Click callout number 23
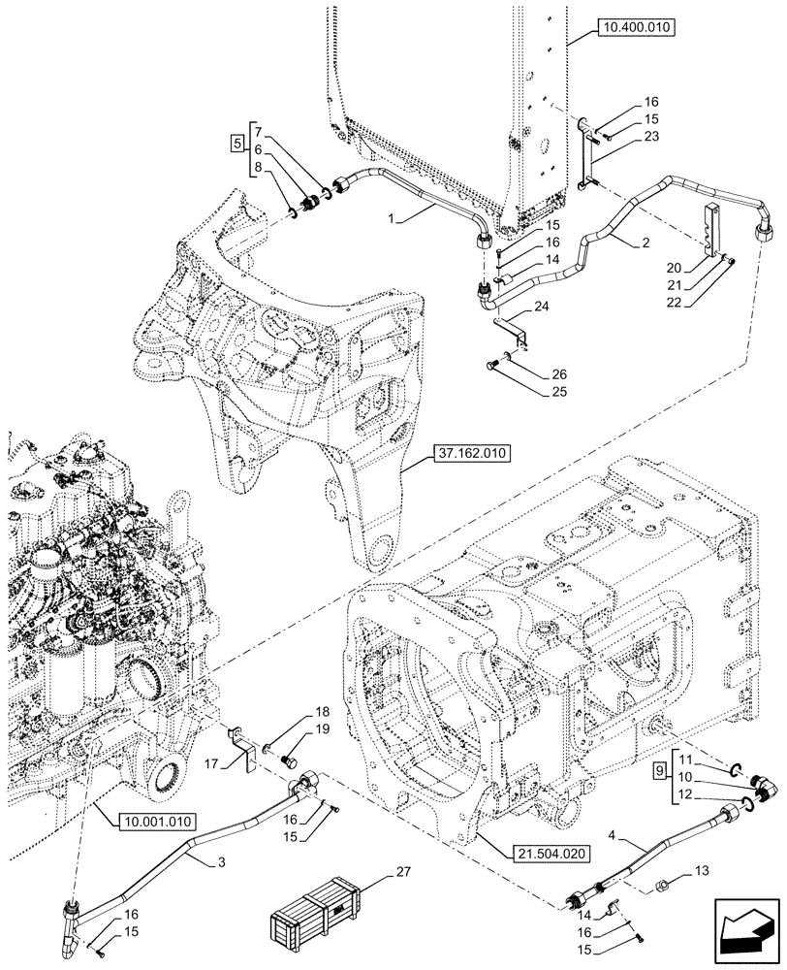pyautogui.click(x=650, y=137)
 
